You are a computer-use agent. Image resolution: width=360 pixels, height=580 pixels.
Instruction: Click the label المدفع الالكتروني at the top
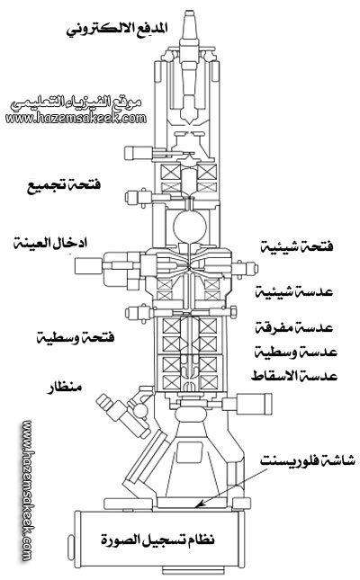[117, 29]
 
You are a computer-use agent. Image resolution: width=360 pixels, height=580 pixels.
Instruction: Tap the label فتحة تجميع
[64, 184]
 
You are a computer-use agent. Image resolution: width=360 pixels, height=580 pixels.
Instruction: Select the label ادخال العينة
[50, 243]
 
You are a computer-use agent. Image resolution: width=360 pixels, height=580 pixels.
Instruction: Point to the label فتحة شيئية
[297, 245]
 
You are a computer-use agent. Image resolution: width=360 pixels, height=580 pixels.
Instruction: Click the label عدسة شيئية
[294, 292]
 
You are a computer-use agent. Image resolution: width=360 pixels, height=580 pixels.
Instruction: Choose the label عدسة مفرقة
[295, 327]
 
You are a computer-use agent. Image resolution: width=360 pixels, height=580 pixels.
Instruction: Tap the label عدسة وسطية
[295, 352]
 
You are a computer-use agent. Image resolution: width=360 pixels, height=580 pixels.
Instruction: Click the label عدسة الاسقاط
[294, 376]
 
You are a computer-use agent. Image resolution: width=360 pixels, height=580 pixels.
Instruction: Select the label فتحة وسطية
[76, 337]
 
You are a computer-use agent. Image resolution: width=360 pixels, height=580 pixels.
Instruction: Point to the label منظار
[64, 388]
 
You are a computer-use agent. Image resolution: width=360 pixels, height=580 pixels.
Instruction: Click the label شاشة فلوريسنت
[308, 460]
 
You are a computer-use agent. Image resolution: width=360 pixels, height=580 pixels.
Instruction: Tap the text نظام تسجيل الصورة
[157, 540]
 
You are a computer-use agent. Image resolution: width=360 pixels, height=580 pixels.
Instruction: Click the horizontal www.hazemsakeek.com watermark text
[76, 119]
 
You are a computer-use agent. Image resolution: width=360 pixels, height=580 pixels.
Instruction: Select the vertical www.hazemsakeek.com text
[27, 491]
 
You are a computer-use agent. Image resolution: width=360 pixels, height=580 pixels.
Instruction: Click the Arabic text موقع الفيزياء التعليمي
[76, 103]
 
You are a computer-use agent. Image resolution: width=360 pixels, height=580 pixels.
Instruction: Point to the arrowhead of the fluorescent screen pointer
[198, 505]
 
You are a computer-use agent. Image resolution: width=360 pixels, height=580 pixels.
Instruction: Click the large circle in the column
[190, 226]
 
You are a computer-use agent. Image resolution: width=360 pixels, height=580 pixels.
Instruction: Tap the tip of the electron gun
[190, 12]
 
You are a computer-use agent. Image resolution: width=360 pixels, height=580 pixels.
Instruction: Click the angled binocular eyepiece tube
[122, 415]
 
